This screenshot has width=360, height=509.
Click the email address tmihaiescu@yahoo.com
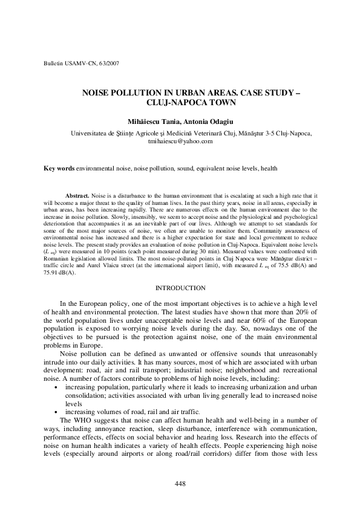click(x=180, y=141)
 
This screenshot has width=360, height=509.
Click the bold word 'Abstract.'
click(x=77, y=197)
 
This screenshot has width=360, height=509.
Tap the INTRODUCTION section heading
click(x=180, y=288)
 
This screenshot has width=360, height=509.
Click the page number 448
click(x=180, y=483)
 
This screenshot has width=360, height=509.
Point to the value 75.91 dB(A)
click(x=59, y=273)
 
